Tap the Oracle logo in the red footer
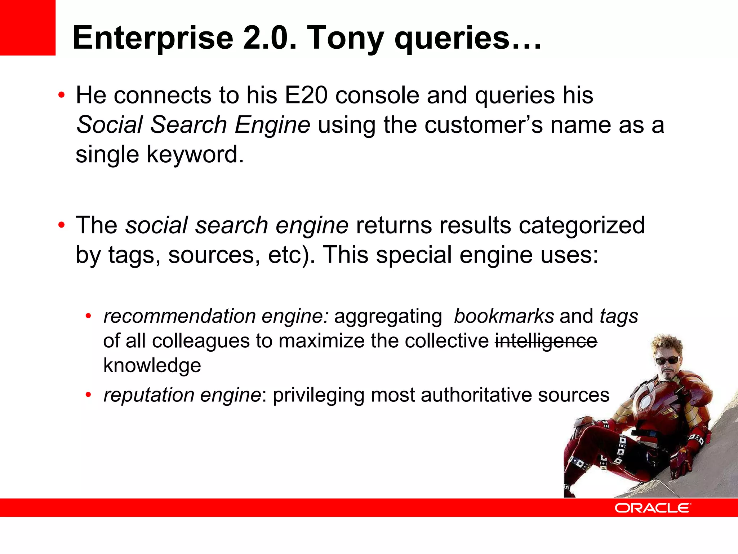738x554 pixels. [x=653, y=508]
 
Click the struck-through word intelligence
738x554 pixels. [x=546, y=341]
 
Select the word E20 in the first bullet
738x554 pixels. [x=306, y=96]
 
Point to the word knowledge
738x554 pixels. [x=152, y=366]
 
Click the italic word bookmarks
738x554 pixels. [x=504, y=316]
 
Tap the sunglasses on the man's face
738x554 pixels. [x=668, y=360]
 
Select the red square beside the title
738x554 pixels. [x=28, y=28]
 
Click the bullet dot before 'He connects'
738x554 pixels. [x=62, y=96]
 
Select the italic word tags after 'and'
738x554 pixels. [x=619, y=316]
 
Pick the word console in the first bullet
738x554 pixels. [x=377, y=96]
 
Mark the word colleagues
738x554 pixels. [x=201, y=341]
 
